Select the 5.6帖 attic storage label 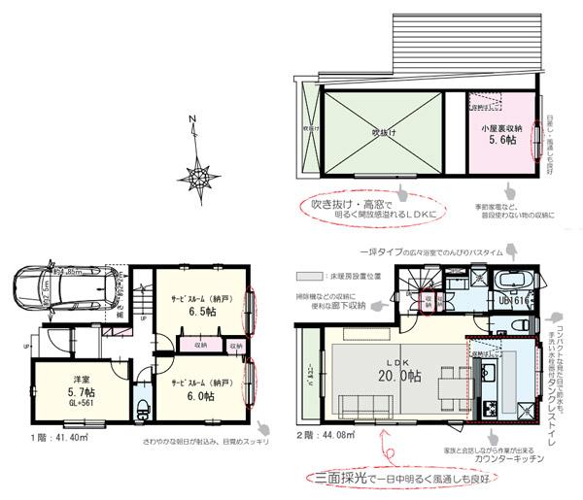(x=501, y=138)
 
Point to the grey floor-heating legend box (x=313, y=278)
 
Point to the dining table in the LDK (x=449, y=378)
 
